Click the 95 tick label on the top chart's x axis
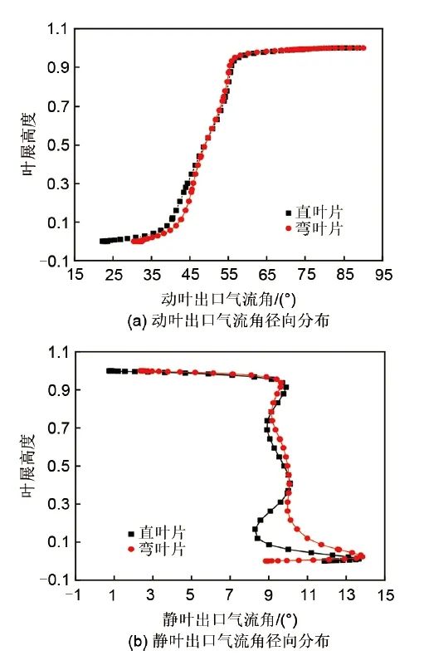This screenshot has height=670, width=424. [383, 275]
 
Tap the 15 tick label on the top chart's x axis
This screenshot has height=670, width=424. [76, 275]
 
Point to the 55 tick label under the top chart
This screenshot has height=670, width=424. [229, 275]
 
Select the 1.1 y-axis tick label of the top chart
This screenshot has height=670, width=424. [56, 29]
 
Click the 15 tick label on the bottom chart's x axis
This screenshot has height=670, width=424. [385, 595]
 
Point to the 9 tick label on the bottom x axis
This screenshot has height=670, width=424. [270, 595]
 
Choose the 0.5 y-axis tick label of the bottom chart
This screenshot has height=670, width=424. [56, 466]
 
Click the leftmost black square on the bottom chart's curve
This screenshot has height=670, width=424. [110, 370]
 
